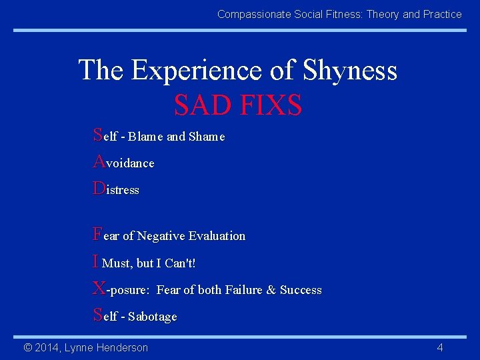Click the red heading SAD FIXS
[x=238, y=105]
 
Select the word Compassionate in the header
[x=251, y=14]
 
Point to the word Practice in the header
[x=442, y=14]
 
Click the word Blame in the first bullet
[x=146, y=137]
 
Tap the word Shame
[x=207, y=137]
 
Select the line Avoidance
[x=124, y=163]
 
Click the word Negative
[x=161, y=236]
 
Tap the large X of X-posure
[x=99, y=288]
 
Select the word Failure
[x=243, y=290]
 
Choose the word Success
[x=301, y=290]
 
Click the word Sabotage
[x=153, y=317]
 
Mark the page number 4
[x=440, y=347]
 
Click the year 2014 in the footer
[x=49, y=347]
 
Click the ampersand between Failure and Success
[x=271, y=290]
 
